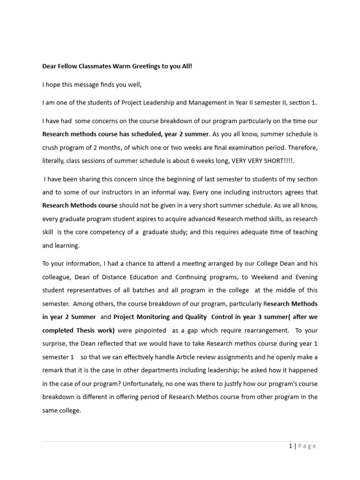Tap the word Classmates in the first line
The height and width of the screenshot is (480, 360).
92,66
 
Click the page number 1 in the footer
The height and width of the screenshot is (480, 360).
291,446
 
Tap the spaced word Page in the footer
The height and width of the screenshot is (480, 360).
307,446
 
